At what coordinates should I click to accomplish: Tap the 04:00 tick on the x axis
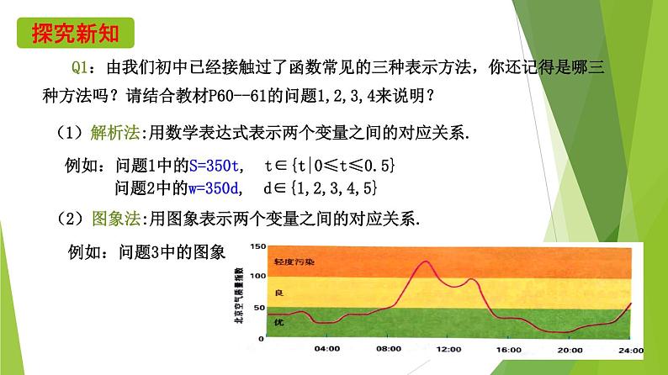[327, 348]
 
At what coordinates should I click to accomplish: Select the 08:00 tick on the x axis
[388, 348]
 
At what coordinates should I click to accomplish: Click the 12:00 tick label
[448, 348]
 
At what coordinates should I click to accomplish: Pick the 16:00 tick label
[510, 348]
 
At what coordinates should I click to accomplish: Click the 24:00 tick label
[630, 348]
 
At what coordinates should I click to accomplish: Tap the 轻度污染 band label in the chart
[294, 262]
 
